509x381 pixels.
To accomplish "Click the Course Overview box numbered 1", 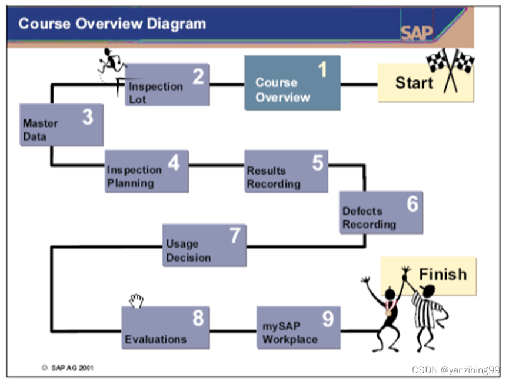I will tap(292, 83).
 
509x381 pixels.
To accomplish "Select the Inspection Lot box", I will tap(167, 85).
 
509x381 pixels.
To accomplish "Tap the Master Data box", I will tap(61, 125).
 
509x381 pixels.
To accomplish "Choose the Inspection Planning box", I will tap(147, 171).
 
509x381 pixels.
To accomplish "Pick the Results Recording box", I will tap(286, 171).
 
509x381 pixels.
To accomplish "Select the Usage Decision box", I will tap(204, 245).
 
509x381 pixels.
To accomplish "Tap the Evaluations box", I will tap(165, 327).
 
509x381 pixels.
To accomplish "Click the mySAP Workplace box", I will tap(298, 327).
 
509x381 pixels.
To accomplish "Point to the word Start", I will tap(414, 83).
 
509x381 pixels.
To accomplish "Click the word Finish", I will tap(443, 275).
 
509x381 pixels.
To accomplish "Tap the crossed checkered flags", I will tap(451, 69).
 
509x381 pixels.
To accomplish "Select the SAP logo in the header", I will tap(417, 32).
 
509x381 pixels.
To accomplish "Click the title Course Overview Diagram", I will tap(112, 24).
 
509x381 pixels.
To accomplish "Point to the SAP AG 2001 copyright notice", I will tap(68, 368).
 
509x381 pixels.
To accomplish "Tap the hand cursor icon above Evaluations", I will tap(136, 300).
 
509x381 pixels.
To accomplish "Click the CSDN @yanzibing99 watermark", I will tap(455, 370).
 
